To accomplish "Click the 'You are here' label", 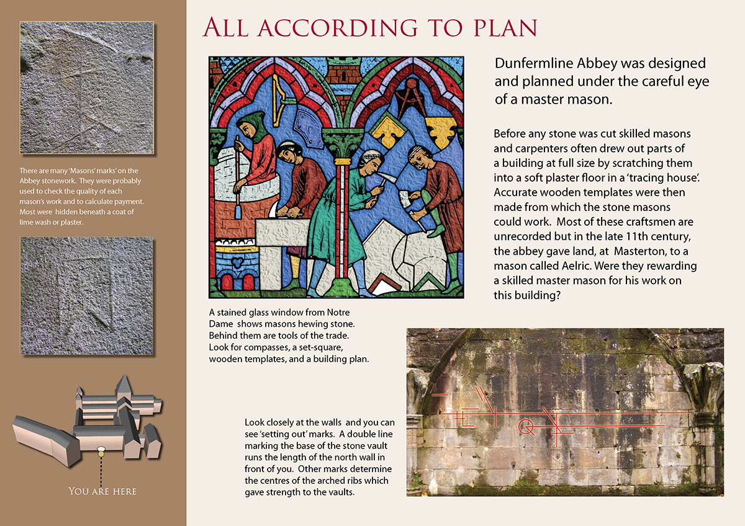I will click(x=102, y=491).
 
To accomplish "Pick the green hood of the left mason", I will click(x=251, y=119).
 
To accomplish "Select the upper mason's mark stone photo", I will click(x=87, y=87).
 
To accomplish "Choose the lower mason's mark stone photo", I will click(x=86, y=296).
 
